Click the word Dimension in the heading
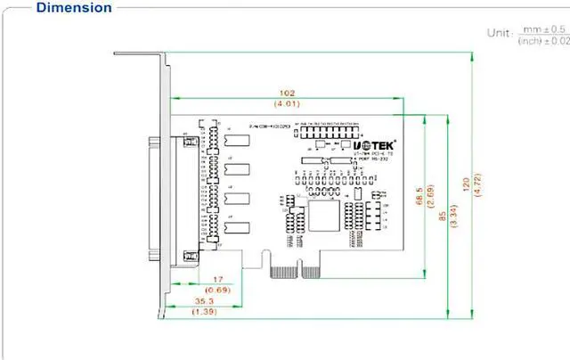click(x=74, y=8)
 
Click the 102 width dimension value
click(x=286, y=93)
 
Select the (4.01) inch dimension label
click(x=286, y=105)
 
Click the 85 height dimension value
click(x=442, y=211)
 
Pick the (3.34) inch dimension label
click(x=454, y=211)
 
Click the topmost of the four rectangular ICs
click(x=237, y=141)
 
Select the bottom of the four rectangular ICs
click(x=237, y=228)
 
